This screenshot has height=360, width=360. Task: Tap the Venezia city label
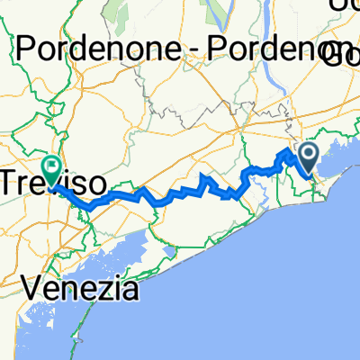tap(81, 289)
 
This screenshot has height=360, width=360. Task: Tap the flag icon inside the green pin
tap(51, 164)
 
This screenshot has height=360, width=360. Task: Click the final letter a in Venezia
tap(130, 290)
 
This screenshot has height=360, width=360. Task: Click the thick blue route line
tap(180, 193)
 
